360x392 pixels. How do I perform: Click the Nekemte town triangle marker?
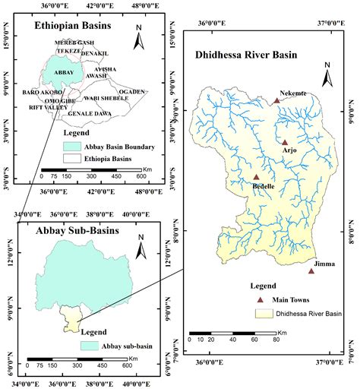(277, 100)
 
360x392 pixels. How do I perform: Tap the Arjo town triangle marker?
(285, 142)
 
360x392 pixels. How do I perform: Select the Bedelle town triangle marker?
(256, 177)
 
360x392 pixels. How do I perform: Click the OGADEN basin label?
(131, 91)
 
